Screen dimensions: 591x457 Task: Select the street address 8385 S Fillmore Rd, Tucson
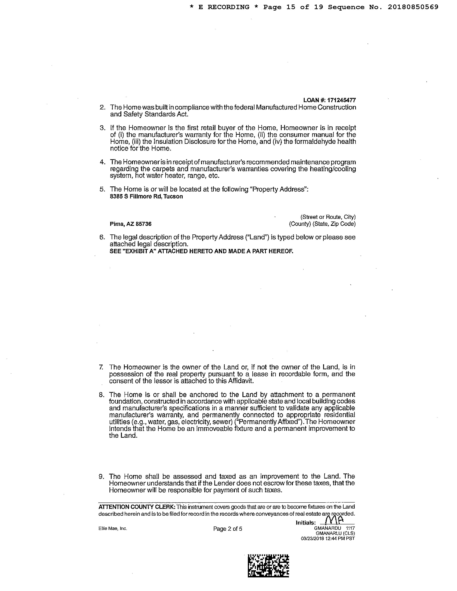146,196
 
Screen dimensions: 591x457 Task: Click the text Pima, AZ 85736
130,224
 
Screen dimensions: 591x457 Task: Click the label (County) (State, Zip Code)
322,224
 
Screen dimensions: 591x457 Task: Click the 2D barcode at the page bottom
268,566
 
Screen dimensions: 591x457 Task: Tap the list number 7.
101,367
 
